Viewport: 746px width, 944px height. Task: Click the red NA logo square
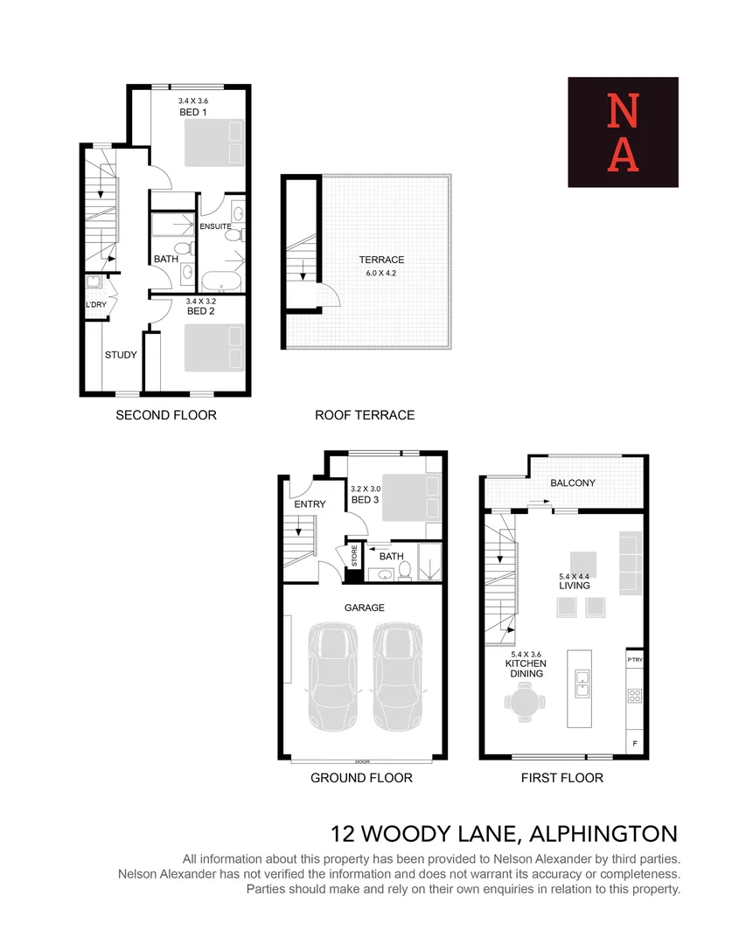[623, 132]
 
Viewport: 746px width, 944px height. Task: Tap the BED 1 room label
[192, 113]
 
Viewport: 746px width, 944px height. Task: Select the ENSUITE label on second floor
[214, 226]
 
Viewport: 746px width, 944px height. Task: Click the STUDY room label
[121, 355]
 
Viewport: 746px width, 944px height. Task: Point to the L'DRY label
[95, 304]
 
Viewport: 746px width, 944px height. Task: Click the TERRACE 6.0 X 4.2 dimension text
[381, 273]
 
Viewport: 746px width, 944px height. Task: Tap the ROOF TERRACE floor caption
[365, 415]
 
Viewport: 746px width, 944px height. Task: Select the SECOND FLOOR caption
[166, 415]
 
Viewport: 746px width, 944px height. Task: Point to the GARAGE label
[364, 607]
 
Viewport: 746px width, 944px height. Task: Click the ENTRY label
[310, 504]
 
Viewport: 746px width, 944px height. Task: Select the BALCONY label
[573, 482]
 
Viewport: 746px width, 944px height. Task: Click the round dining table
[525, 702]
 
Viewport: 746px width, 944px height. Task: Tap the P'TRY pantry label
[635, 660]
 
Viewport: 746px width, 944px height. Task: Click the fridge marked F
[634, 743]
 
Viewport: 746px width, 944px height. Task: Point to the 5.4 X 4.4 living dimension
[575, 576]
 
